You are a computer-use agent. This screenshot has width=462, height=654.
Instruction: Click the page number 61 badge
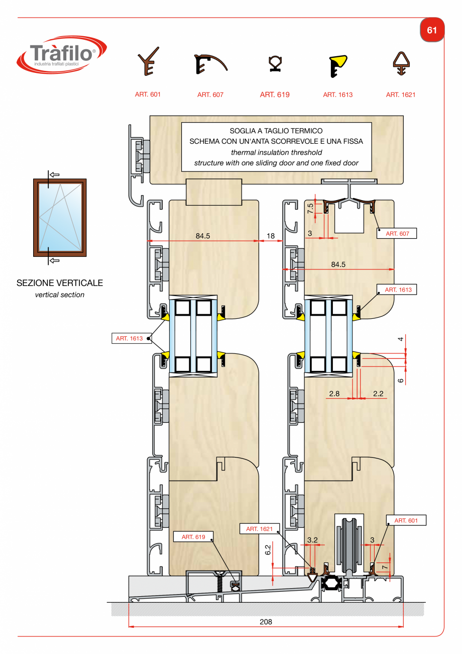click(432, 30)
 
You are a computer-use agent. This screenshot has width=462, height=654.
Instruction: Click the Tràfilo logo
click(62, 55)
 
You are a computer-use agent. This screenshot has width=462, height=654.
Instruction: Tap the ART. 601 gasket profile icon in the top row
click(148, 61)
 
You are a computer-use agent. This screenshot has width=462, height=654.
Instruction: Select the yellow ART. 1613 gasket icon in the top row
click(338, 66)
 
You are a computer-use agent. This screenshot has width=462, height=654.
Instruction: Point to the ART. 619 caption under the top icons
click(275, 95)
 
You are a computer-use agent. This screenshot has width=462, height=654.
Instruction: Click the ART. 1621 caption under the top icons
click(400, 95)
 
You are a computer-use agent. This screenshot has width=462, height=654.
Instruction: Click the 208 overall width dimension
click(266, 622)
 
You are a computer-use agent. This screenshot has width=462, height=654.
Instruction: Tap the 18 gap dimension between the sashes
click(271, 236)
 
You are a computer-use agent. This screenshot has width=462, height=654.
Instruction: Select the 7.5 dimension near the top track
click(310, 208)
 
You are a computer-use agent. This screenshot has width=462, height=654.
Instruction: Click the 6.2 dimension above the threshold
click(268, 550)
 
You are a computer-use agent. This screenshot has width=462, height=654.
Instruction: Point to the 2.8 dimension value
click(334, 394)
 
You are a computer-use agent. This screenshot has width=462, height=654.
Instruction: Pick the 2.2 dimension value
click(378, 394)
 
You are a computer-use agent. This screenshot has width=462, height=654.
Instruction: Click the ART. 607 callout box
click(397, 234)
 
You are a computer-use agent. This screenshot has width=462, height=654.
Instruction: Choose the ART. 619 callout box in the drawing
click(193, 537)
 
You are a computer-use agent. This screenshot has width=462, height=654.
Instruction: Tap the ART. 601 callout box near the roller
click(406, 520)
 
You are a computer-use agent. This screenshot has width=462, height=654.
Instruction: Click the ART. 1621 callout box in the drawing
click(260, 529)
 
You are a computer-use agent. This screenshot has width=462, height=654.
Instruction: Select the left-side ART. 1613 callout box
click(132, 338)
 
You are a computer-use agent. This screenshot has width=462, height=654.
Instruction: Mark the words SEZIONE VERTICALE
click(60, 283)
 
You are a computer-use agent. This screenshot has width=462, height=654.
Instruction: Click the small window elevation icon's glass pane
click(60, 217)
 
